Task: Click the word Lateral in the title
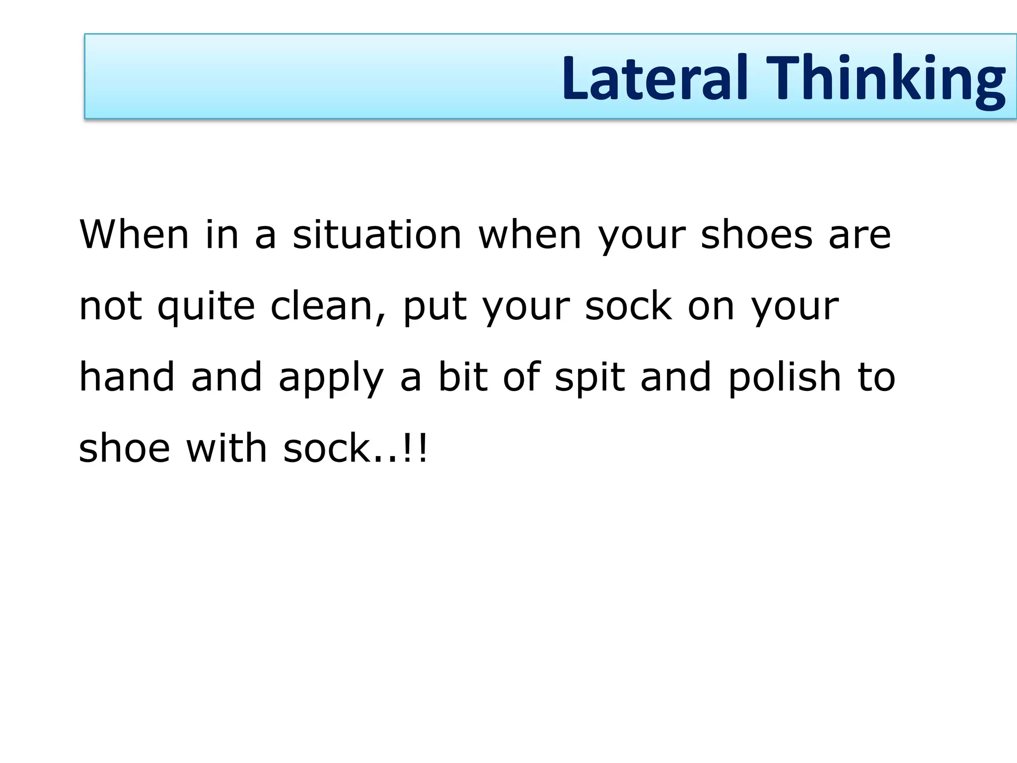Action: [x=654, y=78]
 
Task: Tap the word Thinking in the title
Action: [x=886, y=79]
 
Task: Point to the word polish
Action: [x=785, y=378]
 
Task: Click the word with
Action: [x=226, y=448]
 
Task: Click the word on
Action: [x=711, y=307]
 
